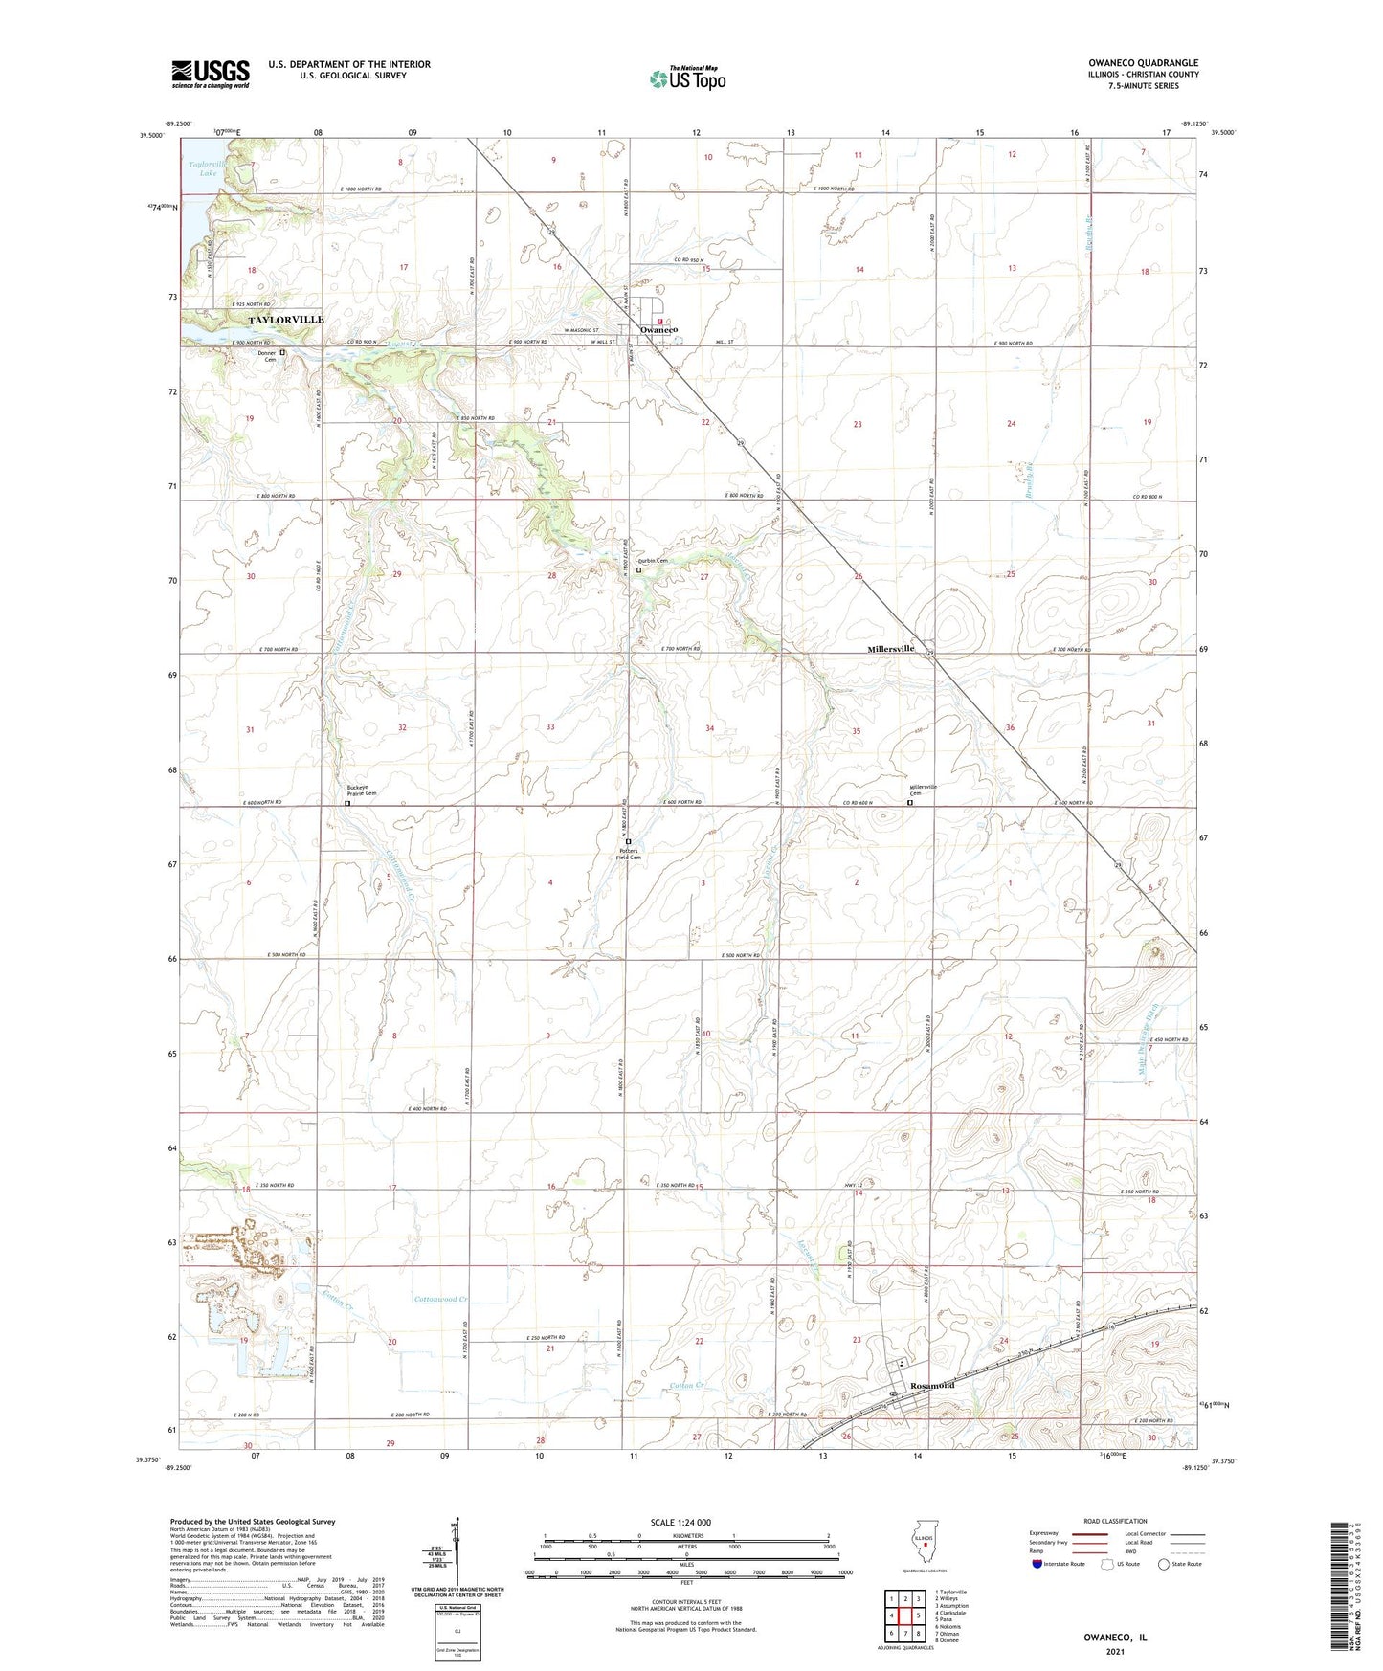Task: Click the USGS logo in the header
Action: pyautogui.click(x=211, y=74)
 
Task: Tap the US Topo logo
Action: pyautogui.click(x=687, y=78)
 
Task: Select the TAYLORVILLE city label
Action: pyautogui.click(x=286, y=320)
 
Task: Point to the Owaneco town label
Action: pyautogui.click(x=659, y=330)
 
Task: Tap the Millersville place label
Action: pyautogui.click(x=890, y=649)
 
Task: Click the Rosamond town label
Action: pyautogui.click(x=932, y=1386)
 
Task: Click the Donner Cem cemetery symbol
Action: pyautogui.click(x=282, y=352)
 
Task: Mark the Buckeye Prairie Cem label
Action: pyautogui.click(x=361, y=791)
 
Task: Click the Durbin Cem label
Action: pyautogui.click(x=653, y=561)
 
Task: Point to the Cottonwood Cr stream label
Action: pyautogui.click(x=441, y=1299)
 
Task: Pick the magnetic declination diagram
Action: pyautogui.click(x=457, y=1552)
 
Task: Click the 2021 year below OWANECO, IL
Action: pyautogui.click(x=1115, y=1652)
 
